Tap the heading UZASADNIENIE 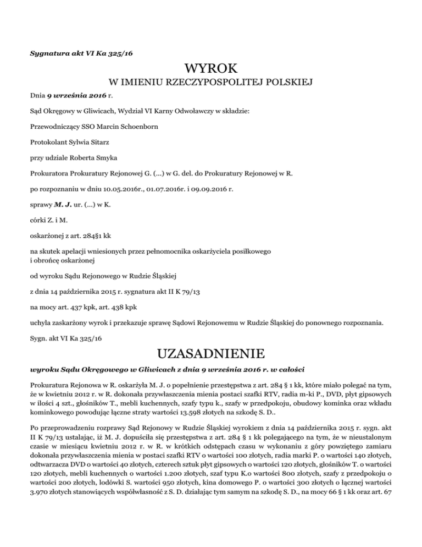tap(211, 351)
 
